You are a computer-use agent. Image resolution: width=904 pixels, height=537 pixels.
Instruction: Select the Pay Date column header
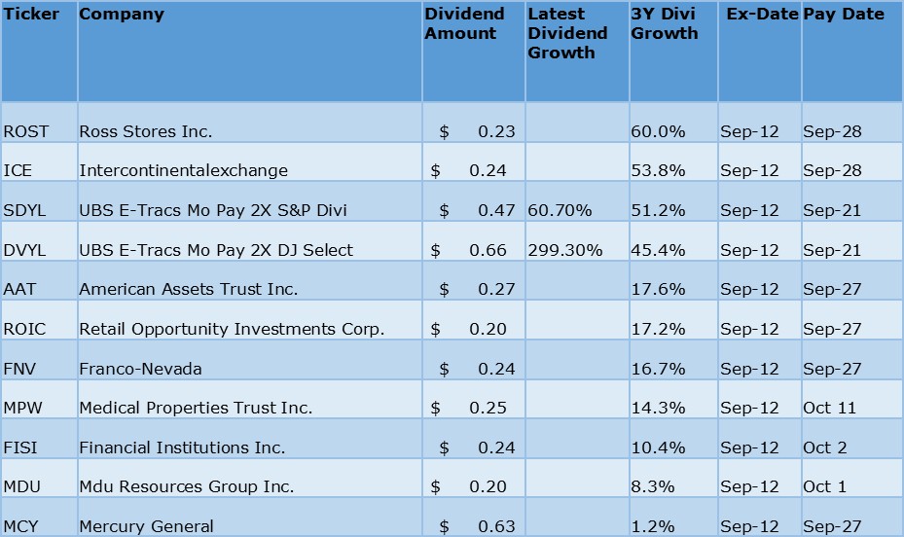tap(844, 15)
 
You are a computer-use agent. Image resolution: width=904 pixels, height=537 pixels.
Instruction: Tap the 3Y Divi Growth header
tap(665, 24)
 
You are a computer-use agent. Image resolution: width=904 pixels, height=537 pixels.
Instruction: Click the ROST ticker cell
tap(26, 131)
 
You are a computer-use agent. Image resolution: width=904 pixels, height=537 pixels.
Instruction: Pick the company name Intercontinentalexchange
tap(183, 170)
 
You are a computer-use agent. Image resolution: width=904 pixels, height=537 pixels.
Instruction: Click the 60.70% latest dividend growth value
tap(560, 210)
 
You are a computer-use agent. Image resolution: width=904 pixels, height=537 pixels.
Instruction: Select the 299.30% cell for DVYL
tap(564, 250)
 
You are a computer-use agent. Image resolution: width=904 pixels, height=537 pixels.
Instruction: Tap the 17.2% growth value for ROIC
tap(654, 329)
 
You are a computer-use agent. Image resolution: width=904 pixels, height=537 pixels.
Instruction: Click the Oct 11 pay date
tap(829, 408)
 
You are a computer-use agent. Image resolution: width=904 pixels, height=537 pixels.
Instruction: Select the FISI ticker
tap(21, 447)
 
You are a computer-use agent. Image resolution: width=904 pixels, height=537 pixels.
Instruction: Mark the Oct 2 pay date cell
tap(825, 447)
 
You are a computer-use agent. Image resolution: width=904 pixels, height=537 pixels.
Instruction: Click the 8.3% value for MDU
tap(649, 486)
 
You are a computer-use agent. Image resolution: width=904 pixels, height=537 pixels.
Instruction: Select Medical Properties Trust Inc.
tap(196, 408)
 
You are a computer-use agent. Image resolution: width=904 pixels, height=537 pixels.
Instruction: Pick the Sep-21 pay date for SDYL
tap(832, 210)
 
